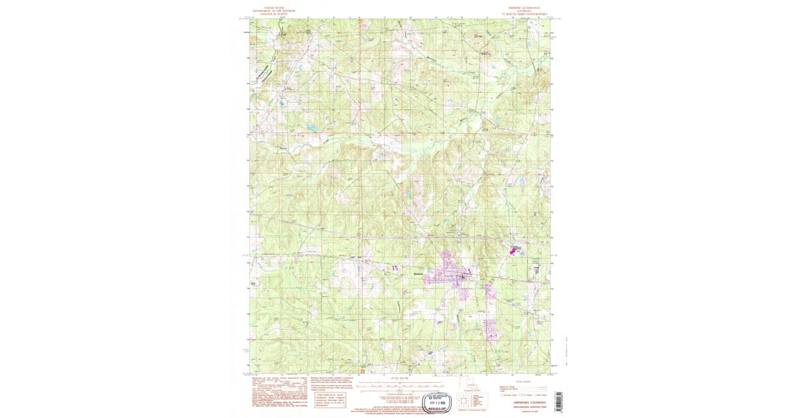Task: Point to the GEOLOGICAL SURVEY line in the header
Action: tap(279, 14)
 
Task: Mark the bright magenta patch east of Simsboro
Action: tap(513, 251)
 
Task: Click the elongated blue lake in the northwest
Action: tap(311, 127)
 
